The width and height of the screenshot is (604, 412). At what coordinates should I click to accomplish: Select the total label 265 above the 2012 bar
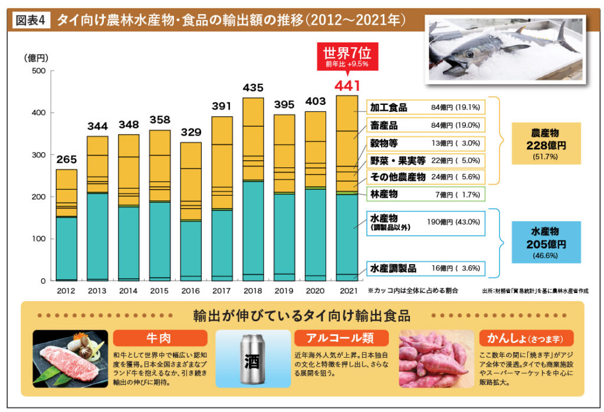[x=66, y=160]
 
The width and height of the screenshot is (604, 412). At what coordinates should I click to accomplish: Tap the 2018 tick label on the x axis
[x=252, y=291]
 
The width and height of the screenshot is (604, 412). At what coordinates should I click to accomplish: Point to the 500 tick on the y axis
[x=38, y=71]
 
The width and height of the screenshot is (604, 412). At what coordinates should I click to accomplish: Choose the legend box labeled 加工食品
[x=425, y=108]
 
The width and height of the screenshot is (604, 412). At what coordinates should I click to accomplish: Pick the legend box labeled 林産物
[x=425, y=194]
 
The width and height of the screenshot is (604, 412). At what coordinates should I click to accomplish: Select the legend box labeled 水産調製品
[x=425, y=268]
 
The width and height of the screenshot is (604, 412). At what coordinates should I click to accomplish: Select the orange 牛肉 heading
[x=159, y=338]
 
